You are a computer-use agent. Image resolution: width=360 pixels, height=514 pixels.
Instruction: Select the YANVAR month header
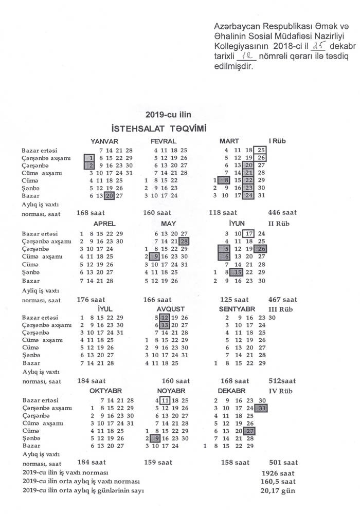click(104, 141)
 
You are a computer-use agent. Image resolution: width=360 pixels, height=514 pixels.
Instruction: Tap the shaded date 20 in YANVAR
click(109, 195)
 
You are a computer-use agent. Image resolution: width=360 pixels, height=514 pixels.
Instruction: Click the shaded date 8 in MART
click(225, 180)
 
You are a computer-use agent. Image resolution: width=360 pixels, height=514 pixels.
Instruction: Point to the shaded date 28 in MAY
click(185, 241)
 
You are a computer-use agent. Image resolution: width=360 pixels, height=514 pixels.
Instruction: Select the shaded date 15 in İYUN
click(238, 272)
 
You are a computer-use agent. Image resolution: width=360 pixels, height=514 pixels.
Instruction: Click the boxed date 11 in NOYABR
click(165, 400)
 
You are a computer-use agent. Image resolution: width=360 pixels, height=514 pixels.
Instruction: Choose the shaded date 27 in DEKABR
click(249, 431)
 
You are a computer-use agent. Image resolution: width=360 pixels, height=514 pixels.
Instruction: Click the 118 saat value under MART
click(225, 212)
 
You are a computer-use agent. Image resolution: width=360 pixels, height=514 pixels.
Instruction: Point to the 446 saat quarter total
click(282, 212)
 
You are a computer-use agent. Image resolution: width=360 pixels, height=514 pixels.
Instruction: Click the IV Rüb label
click(280, 390)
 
